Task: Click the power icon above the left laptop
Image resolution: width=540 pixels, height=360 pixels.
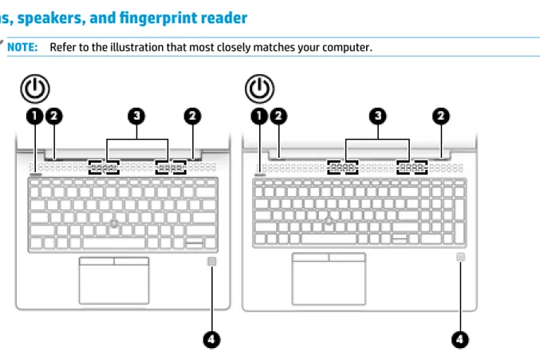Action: (x=35, y=89)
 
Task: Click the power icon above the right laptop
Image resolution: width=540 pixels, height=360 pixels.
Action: (x=260, y=89)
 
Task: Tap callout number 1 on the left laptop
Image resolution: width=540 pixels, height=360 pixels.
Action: (x=35, y=116)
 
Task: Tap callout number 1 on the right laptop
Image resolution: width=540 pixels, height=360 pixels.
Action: (x=259, y=116)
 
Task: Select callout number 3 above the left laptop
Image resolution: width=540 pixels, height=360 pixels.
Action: (x=136, y=116)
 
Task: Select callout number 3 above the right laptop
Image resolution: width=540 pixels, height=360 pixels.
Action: (x=378, y=116)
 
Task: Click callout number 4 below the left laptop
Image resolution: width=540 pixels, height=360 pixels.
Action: (x=211, y=340)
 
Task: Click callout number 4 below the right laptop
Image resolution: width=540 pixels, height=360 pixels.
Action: (x=459, y=340)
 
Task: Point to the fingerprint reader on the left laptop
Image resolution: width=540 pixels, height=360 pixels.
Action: (x=212, y=262)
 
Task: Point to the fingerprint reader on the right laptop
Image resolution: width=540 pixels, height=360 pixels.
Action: (x=460, y=257)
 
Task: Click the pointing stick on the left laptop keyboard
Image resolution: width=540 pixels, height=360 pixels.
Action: (x=114, y=224)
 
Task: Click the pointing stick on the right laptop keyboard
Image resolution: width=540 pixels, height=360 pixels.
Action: (x=329, y=220)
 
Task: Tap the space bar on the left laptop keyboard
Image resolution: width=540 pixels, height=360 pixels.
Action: (x=114, y=243)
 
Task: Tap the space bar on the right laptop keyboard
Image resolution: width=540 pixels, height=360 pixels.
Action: (x=329, y=239)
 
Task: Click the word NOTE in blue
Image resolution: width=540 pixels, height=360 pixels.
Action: (x=22, y=47)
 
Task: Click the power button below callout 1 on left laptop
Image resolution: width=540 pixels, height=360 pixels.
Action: (x=35, y=175)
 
